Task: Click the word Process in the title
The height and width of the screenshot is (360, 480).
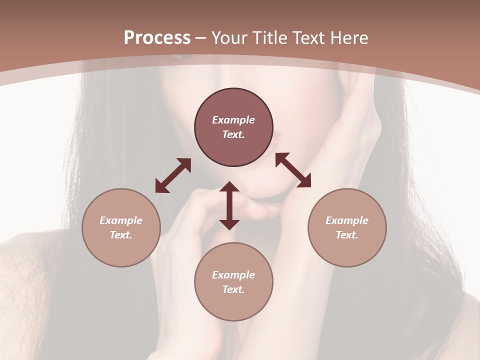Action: point(157,38)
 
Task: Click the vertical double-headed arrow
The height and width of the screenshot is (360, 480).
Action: point(229,205)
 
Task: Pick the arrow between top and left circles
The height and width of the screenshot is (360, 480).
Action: point(173,175)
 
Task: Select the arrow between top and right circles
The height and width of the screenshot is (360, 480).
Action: point(293,170)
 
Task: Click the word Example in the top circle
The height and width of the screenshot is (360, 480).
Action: point(233,120)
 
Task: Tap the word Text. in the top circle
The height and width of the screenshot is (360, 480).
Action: point(233,134)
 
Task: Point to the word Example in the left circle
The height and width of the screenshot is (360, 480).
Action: point(121,220)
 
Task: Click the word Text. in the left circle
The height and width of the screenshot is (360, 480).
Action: point(121,235)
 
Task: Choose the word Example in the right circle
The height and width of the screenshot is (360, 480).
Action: point(347,220)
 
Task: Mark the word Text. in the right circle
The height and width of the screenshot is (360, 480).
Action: point(347,235)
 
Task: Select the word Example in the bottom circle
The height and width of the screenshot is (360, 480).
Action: point(233,275)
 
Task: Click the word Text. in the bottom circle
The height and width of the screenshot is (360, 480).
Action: point(233,289)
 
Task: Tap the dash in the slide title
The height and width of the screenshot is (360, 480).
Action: point(201,38)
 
